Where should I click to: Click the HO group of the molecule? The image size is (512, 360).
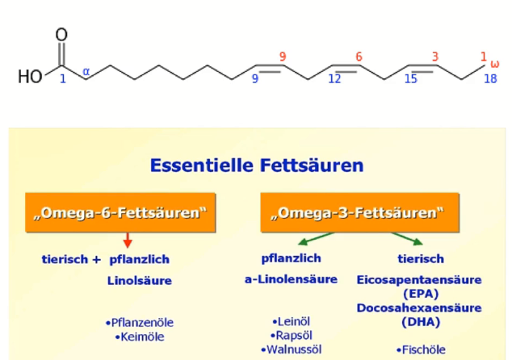pos(30,77)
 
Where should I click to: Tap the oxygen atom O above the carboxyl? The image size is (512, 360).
pos(61,36)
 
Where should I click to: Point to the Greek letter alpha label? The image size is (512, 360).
pos(86,73)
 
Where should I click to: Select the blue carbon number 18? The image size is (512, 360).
pos(490,78)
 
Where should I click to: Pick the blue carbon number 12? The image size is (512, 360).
pos(334,78)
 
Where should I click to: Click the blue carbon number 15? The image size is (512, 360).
pos(410,78)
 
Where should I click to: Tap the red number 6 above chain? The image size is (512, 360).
pos(359,57)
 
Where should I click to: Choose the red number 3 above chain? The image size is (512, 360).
pos(434,57)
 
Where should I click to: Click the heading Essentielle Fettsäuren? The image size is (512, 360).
pos(256,166)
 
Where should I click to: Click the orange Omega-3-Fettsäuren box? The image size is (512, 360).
pos(359,213)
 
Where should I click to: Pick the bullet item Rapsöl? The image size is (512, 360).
pos(292,335)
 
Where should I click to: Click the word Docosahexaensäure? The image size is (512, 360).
pos(419,308)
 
